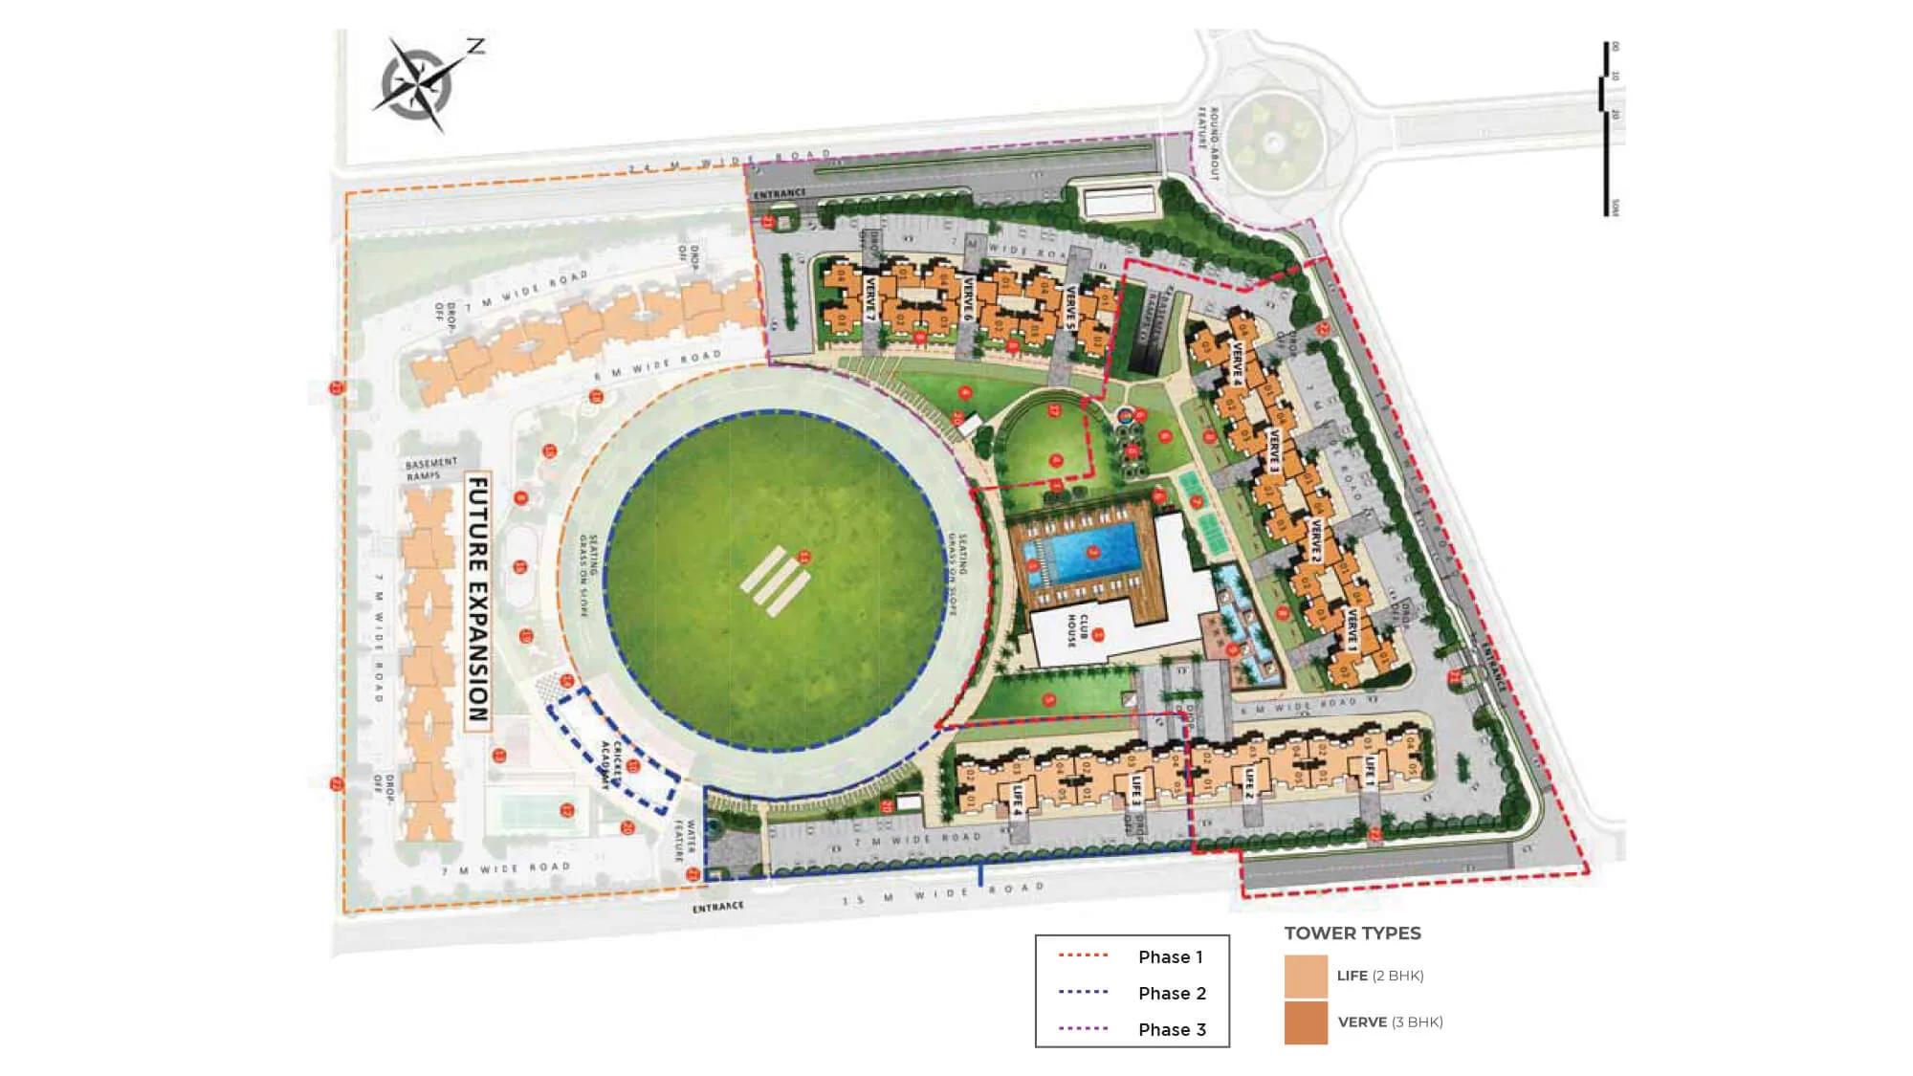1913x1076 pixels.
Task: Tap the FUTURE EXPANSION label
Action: pos(477,601)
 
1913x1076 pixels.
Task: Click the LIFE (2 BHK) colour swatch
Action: pos(1306,976)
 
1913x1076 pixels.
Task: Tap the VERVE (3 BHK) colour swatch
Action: pos(1306,1022)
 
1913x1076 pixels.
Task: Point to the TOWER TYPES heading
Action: pos(1352,933)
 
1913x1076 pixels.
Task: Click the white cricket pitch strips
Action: pos(775,580)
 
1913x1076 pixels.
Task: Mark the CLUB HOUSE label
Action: pos(1078,630)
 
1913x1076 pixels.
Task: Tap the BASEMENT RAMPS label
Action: pos(430,469)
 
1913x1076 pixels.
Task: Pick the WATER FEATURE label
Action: pos(685,838)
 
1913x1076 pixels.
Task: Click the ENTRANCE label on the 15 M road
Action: pos(717,907)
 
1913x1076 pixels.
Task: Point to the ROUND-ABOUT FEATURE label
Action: pos(1208,143)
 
